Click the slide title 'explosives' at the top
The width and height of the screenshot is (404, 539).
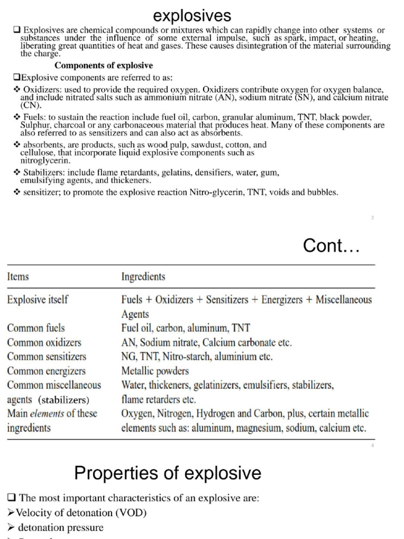195,14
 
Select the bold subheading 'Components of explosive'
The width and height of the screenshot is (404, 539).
104,66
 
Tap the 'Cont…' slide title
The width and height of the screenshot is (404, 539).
331,245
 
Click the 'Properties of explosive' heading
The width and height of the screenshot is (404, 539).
168,473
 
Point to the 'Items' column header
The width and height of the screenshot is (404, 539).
18,276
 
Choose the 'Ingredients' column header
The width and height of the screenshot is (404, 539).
143,276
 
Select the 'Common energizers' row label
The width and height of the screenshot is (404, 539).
46,371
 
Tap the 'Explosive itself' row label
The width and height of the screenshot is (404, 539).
37,300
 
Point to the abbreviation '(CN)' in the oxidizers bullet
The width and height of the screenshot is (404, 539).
30,105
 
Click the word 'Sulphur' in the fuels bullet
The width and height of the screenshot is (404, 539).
35,125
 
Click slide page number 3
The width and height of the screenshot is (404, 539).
372,217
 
